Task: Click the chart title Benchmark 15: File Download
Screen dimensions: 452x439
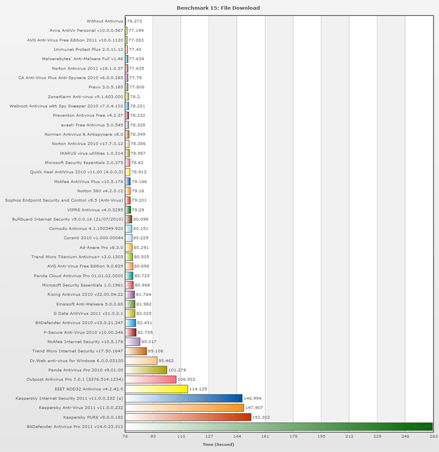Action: [x=218, y=8]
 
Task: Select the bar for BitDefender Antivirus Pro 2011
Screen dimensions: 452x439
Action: [x=279, y=426]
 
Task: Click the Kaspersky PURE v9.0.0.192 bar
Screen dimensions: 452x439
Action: [x=188, y=417]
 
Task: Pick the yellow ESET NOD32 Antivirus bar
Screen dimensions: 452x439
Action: [x=156, y=389]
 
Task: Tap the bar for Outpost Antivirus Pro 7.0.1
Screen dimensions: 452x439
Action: [x=150, y=379]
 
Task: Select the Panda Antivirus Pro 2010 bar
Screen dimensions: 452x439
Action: [x=146, y=370]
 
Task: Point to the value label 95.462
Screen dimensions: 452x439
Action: [x=166, y=361]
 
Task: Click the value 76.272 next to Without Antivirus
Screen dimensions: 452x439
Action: [x=135, y=21]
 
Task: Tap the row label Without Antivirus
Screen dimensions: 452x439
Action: [x=105, y=21]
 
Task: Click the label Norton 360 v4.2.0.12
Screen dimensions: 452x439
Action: [x=100, y=191]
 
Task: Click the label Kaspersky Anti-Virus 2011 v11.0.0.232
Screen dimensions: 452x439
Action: [x=81, y=408]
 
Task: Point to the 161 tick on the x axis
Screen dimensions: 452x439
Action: [x=266, y=437]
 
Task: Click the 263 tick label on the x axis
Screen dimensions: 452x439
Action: [x=433, y=437]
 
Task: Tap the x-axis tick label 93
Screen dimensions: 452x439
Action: [x=153, y=437]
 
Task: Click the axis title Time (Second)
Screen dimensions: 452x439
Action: [x=218, y=444]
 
